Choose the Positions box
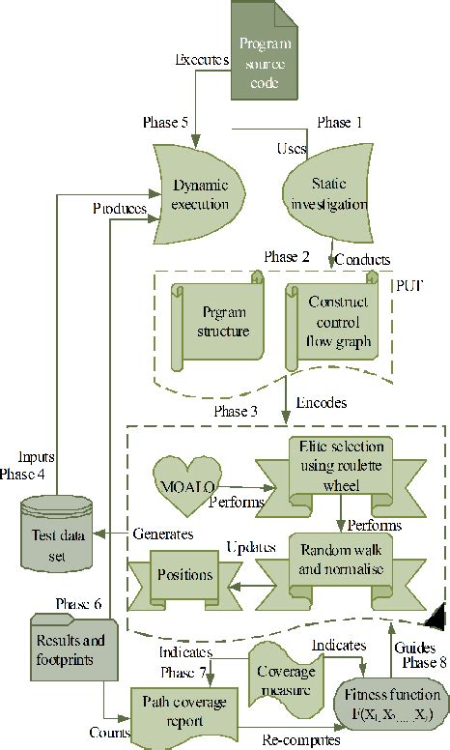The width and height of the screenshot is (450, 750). pos(184,574)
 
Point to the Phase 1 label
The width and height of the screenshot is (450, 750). pos(341,124)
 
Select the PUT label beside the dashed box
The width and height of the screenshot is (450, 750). pos(408,286)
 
